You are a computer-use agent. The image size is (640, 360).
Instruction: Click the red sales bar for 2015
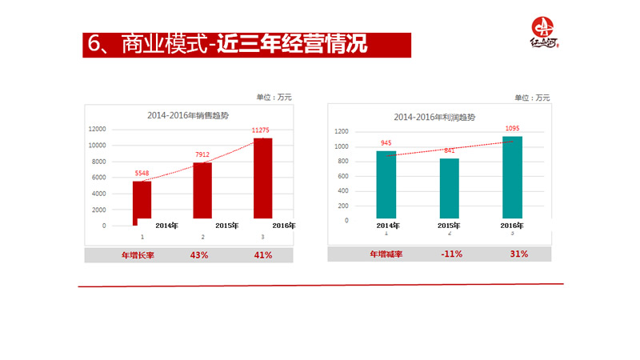[x=202, y=190]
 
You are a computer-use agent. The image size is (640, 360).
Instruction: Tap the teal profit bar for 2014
[x=386, y=185]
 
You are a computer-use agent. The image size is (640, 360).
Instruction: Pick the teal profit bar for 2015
[x=450, y=188]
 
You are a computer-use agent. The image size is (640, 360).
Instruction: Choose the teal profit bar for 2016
[x=512, y=177]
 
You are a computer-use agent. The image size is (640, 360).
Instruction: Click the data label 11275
[x=262, y=130]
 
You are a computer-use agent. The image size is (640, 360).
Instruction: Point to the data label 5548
[x=142, y=173]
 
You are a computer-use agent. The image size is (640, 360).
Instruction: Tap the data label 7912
[x=202, y=154]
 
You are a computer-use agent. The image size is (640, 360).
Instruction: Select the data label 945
[x=386, y=143]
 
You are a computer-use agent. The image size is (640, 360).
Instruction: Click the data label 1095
[x=513, y=128]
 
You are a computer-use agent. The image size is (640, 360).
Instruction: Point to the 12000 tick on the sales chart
[x=98, y=129]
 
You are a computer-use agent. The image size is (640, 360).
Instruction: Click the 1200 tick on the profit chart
[x=341, y=131]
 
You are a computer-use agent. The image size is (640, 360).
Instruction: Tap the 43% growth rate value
[x=199, y=255]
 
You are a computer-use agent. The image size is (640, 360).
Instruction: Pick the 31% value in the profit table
[x=518, y=254]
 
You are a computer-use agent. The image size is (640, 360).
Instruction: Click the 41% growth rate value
[x=263, y=255]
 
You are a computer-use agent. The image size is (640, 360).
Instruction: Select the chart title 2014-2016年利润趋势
[x=434, y=117]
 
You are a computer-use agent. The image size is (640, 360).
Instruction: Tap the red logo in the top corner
[x=544, y=34]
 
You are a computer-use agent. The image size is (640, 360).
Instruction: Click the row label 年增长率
[x=137, y=255]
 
